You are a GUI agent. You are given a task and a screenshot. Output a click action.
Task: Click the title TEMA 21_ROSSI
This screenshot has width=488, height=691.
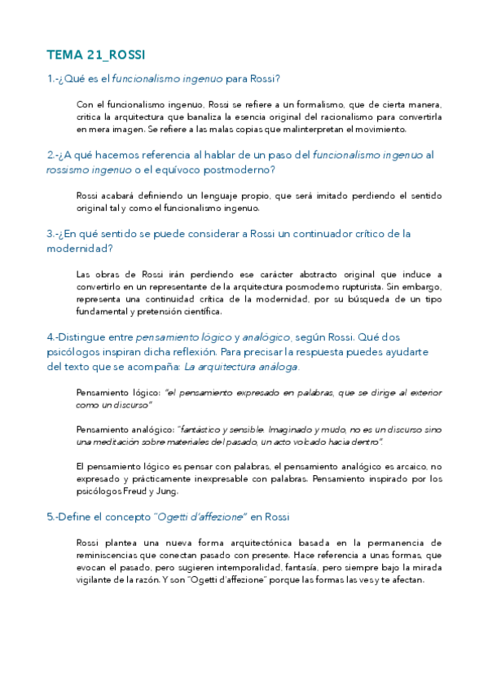click(96, 55)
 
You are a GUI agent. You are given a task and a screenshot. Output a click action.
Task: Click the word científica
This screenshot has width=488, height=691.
click(200, 311)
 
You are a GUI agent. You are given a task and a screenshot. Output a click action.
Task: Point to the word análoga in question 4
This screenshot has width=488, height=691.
click(279, 367)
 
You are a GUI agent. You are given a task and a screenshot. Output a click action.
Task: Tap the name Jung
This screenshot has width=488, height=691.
click(164, 491)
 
